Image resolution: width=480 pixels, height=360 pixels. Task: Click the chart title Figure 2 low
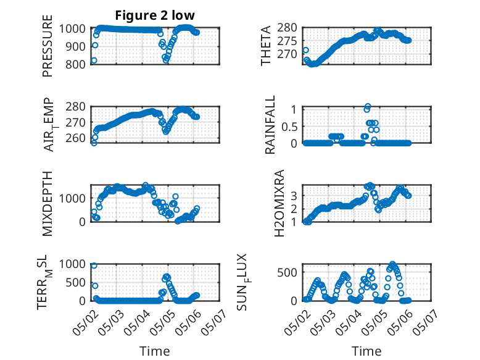[155, 15]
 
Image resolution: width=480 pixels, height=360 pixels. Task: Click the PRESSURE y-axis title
[48, 46]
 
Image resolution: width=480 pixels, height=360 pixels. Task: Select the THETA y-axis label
[266, 46]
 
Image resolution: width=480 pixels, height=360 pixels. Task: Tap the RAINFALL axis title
[270, 125]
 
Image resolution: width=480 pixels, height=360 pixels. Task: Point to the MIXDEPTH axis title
[48, 203]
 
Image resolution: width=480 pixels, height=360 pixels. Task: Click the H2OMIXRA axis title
[279, 203]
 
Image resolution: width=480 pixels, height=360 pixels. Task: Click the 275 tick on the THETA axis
[287, 41]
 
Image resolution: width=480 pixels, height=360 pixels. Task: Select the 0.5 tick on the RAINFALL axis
[289, 126]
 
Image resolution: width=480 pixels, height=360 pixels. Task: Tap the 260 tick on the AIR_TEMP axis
[76, 138]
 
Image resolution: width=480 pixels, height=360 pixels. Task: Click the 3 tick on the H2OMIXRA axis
[294, 196]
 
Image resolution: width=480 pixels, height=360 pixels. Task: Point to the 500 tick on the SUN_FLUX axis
[287, 272]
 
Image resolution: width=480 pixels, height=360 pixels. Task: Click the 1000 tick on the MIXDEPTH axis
[72, 198]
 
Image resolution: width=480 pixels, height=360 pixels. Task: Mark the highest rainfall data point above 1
[368, 106]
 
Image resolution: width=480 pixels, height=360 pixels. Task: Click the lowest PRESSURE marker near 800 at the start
[94, 61]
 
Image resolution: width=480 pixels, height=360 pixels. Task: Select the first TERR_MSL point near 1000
[94, 266]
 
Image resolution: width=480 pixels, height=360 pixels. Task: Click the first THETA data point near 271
[305, 50]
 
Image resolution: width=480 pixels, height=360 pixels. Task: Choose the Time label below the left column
[155, 351]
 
